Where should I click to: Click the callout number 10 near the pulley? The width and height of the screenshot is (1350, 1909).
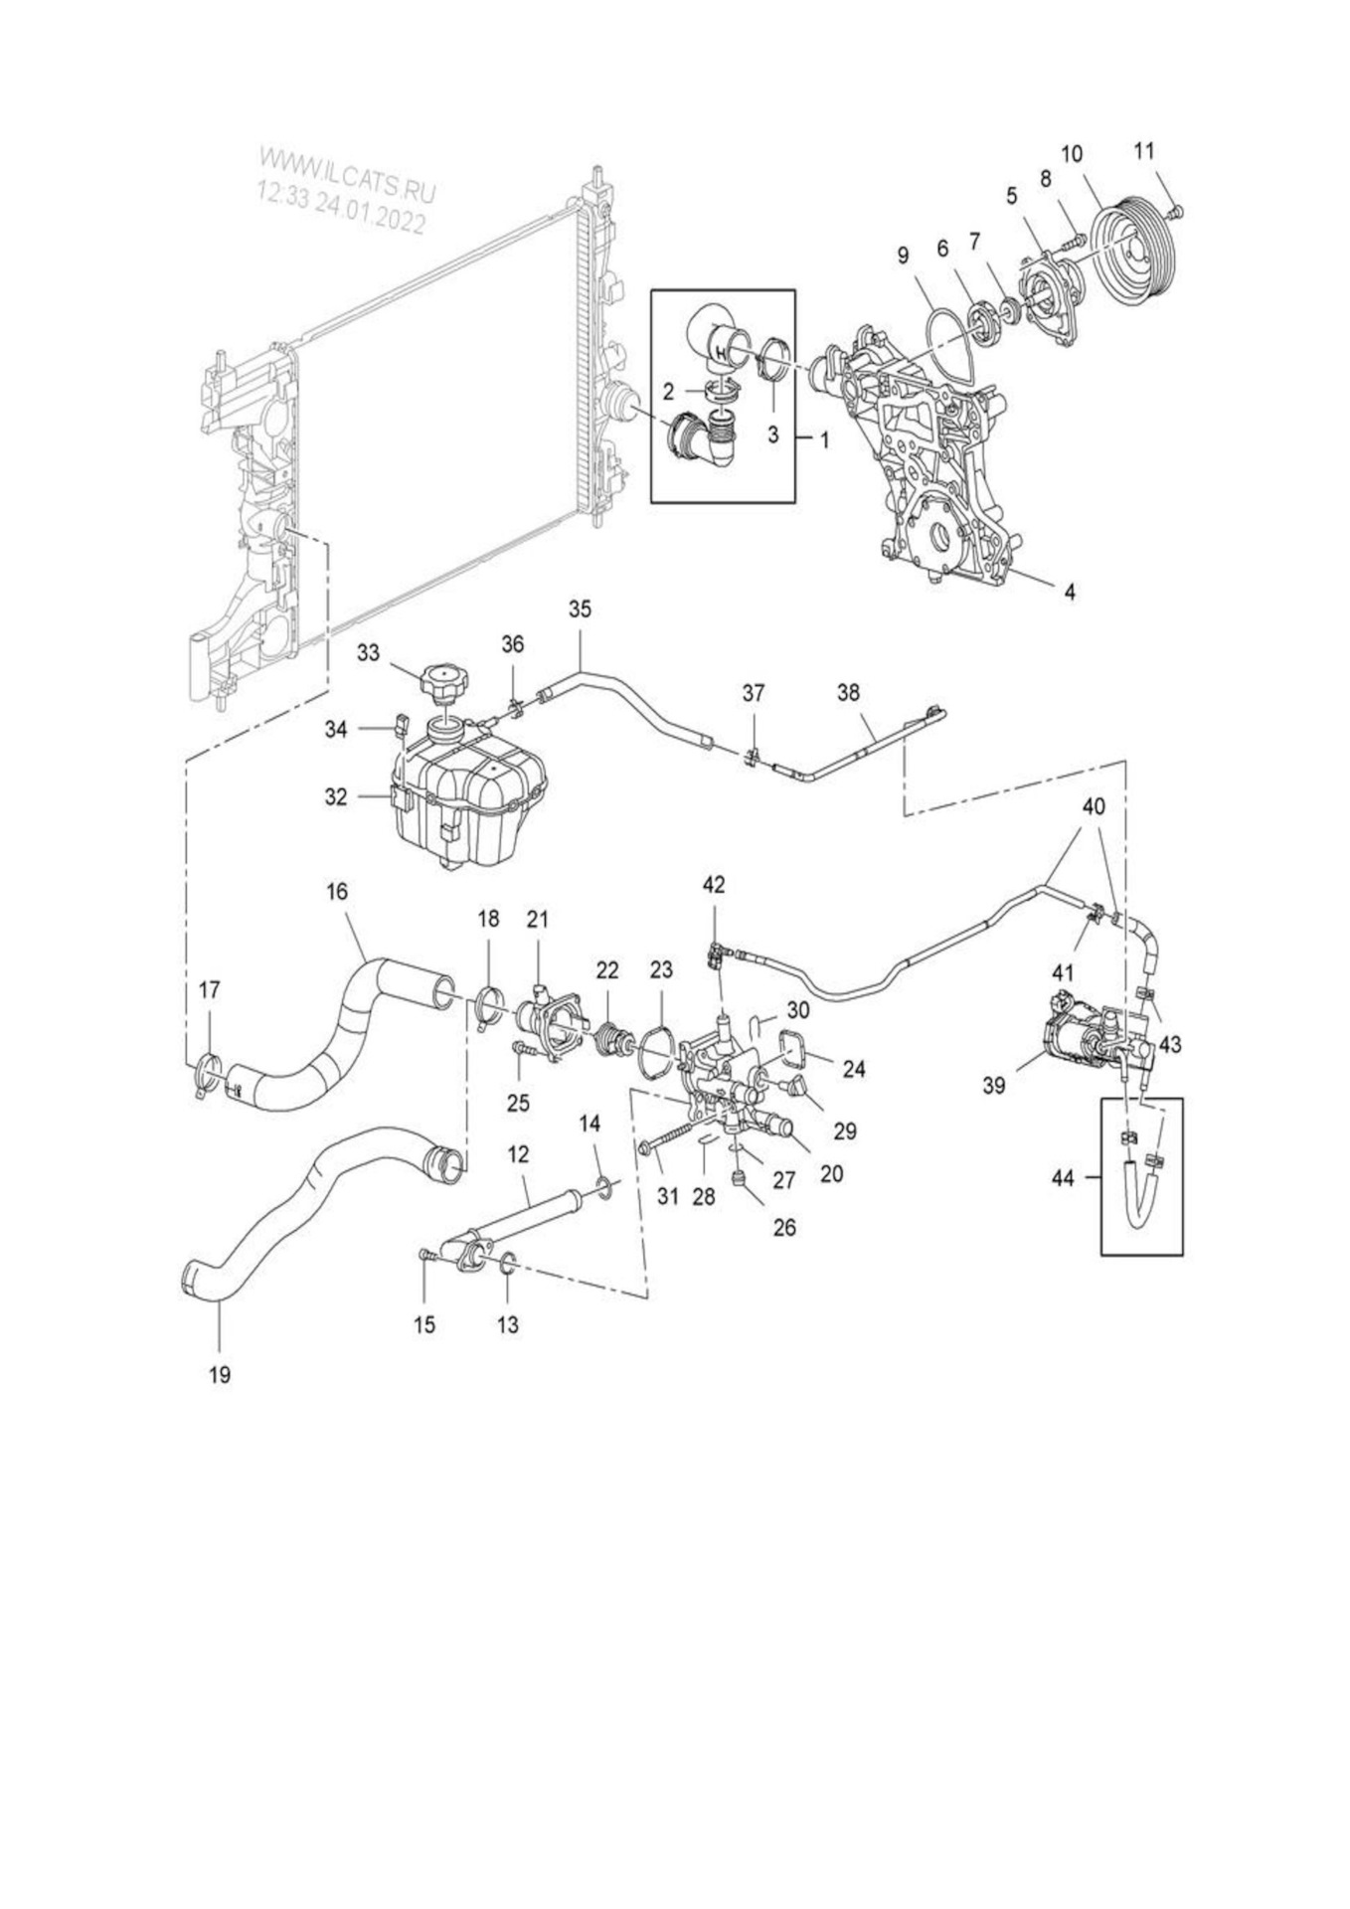(1072, 154)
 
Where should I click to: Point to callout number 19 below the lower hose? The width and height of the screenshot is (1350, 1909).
(220, 1374)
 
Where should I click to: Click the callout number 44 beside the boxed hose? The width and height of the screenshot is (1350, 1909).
(1063, 1178)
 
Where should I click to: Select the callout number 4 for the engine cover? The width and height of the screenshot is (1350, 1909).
(1070, 592)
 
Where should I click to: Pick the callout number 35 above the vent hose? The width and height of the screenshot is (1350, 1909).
(580, 608)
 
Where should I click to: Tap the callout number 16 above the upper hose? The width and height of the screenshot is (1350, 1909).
(337, 891)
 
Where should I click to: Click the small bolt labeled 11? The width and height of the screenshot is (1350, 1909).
(1178, 210)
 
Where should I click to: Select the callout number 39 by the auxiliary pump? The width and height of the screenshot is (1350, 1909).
(994, 1086)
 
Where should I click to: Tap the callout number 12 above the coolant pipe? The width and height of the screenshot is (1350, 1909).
(518, 1155)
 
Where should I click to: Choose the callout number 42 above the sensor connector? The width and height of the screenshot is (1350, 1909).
(714, 884)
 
